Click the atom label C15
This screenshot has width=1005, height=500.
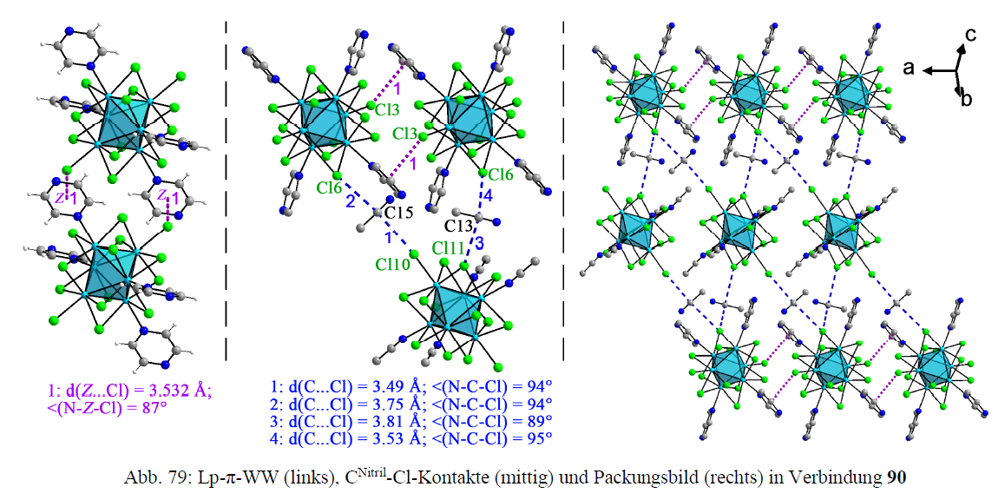(x=400, y=212)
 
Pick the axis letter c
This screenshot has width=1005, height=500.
(x=973, y=35)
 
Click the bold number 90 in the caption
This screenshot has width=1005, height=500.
(x=894, y=477)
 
